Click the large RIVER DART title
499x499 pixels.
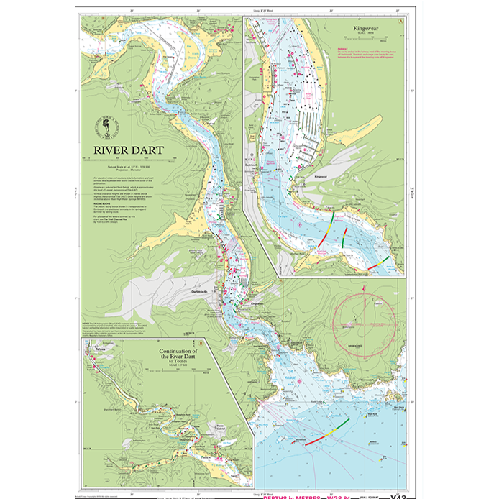pos(128,151)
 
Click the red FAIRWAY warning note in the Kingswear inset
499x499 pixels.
pos(363,54)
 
